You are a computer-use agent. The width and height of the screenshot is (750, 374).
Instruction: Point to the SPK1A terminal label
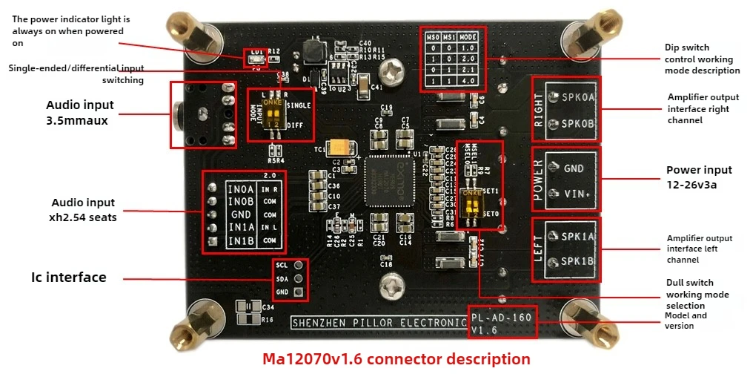pos(578,236)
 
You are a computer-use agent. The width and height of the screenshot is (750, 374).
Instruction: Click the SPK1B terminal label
pos(578,260)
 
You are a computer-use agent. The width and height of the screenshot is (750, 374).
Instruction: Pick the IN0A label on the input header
pos(241,190)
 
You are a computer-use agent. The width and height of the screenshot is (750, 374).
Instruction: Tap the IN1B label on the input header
pos(241,241)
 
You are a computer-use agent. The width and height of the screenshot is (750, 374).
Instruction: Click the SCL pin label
pos(282,265)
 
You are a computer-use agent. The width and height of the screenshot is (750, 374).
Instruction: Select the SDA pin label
pos(282,278)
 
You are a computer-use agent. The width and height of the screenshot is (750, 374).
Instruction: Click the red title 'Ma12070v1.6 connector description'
pos(396,359)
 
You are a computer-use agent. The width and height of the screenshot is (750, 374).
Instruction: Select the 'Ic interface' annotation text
pos(68,278)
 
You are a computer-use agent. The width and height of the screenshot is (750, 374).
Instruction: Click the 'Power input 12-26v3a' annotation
pos(698,177)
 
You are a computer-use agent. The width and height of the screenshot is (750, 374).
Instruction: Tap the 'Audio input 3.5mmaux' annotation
pos(80,112)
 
